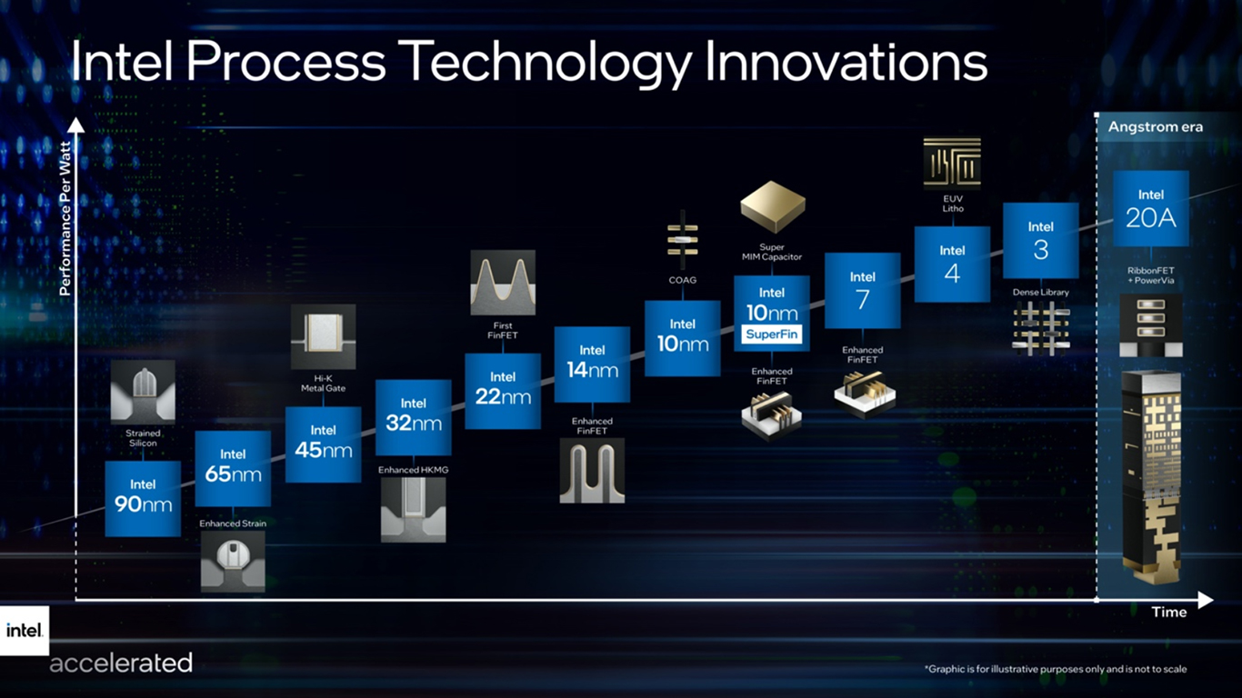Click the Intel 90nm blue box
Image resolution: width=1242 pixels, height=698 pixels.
click(143, 498)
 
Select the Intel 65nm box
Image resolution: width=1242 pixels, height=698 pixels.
click(233, 468)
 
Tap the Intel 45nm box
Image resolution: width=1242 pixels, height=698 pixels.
click(324, 444)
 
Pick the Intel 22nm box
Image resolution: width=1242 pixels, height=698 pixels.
click(503, 391)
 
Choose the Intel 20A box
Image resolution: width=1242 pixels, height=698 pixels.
click(1151, 208)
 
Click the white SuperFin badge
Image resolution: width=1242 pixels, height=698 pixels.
click(772, 334)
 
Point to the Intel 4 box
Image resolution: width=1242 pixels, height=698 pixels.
click(952, 264)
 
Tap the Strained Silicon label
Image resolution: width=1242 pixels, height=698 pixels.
click(143, 438)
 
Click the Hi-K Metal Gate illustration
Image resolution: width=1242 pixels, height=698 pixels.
click(324, 336)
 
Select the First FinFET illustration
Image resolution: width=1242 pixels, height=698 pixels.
click(503, 282)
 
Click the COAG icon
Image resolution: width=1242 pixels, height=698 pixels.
click(683, 240)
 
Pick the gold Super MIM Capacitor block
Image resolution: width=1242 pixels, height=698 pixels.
click(772, 207)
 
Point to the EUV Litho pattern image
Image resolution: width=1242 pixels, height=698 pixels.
click(952, 165)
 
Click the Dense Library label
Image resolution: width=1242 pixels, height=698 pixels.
click(1041, 292)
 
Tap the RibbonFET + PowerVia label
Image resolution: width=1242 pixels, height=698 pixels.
click(1150, 275)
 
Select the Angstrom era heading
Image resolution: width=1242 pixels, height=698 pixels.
click(1156, 127)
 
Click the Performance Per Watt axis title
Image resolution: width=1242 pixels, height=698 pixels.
click(65, 218)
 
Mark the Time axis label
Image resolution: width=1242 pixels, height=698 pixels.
click(1169, 612)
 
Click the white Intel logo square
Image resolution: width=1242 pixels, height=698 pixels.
click(25, 631)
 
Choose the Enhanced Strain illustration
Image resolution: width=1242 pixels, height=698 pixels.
click(233, 561)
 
